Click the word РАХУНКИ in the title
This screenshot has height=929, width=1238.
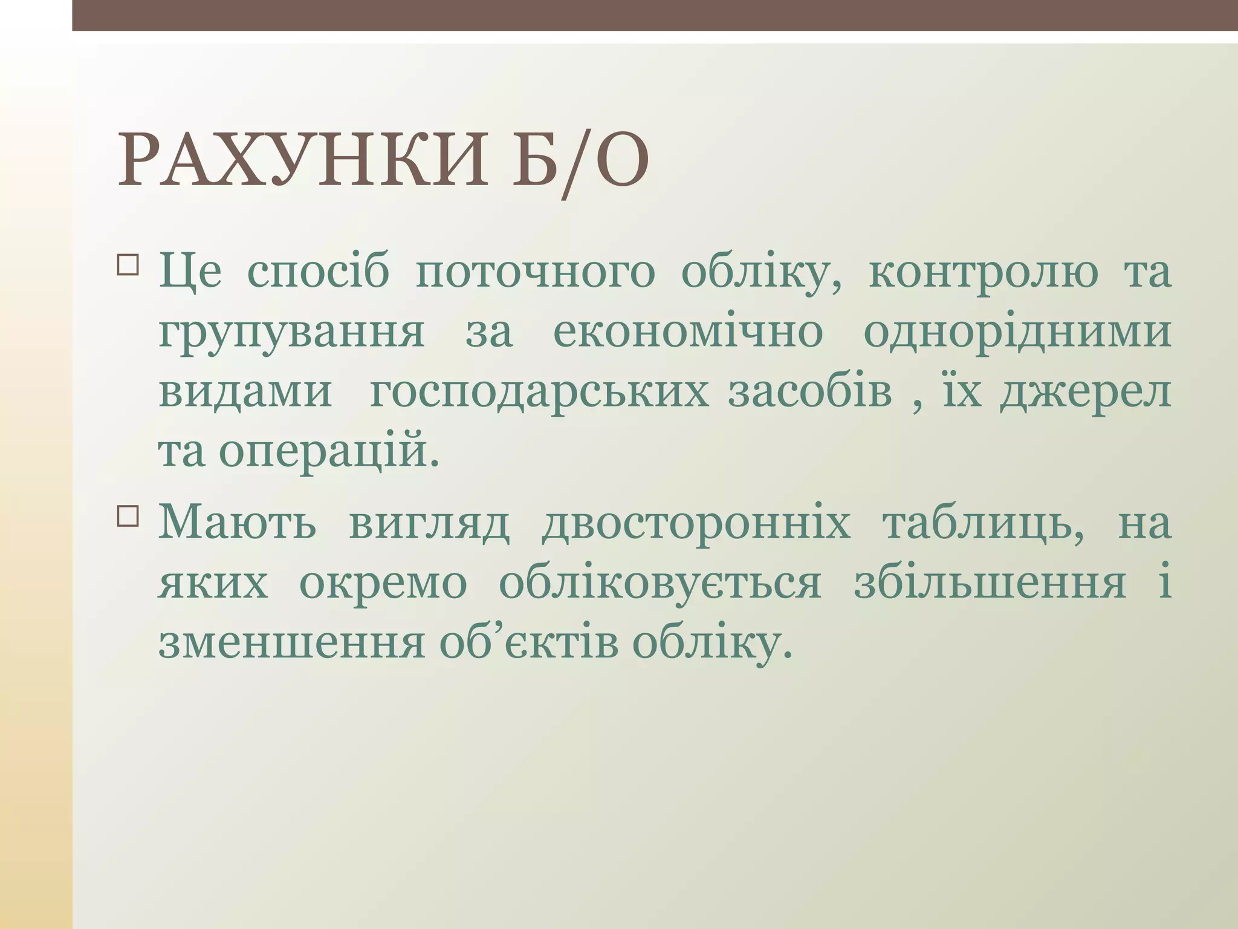click(302, 160)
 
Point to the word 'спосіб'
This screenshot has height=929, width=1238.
click(318, 273)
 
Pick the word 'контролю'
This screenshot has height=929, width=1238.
click(984, 273)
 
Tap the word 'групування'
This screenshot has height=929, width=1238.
click(291, 333)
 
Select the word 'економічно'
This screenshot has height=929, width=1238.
click(688, 333)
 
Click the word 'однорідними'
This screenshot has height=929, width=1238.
click(1017, 333)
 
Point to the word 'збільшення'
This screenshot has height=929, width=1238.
click(990, 584)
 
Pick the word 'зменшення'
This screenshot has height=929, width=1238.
click(291, 644)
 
